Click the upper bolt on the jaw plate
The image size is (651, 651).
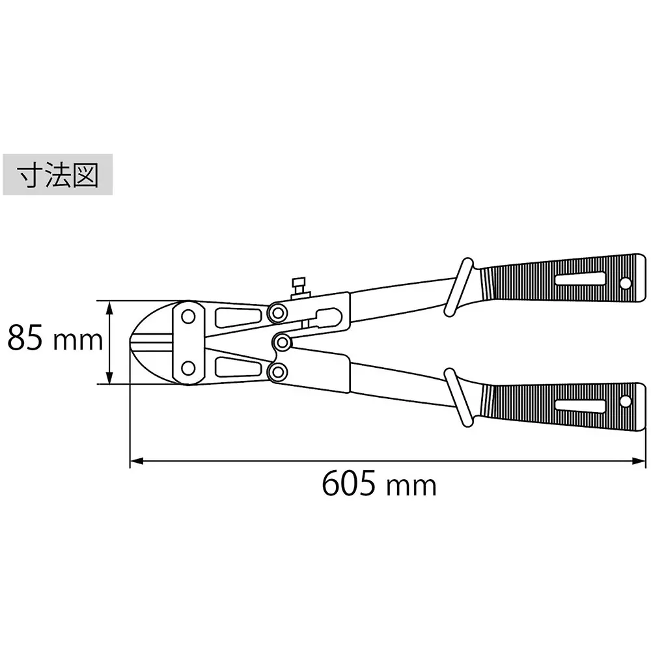[188, 317]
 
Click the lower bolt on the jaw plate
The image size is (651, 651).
[188, 369]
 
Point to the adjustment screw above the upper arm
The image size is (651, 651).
[299, 287]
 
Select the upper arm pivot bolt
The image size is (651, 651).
[279, 312]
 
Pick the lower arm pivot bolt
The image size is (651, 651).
[279, 372]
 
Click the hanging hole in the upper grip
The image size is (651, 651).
[626, 284]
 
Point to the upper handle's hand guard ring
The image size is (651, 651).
[461, 287]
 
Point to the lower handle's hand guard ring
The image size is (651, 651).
[461, 398]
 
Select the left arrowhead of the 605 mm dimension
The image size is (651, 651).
[134, 462]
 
